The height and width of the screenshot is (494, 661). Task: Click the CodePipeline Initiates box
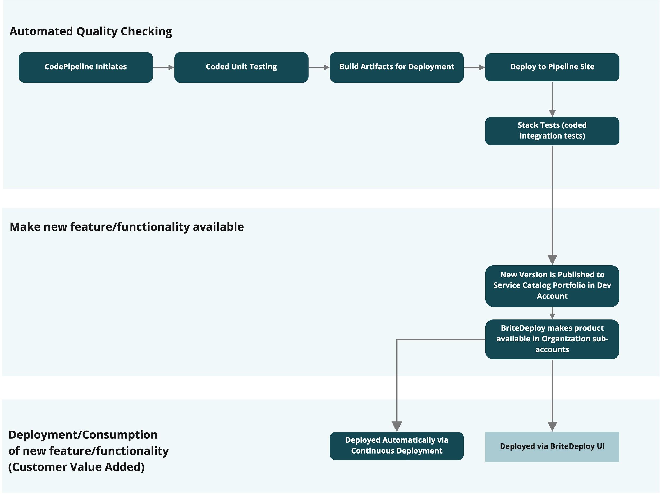[x=85, y=67]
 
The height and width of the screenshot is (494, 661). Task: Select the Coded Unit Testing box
[x=241, y=67]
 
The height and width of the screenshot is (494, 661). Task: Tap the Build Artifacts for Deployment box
[x=397, y=67]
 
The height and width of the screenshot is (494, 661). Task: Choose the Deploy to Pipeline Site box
[x=552, y=67]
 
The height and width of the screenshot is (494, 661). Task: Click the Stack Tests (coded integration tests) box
[x=552, y=131]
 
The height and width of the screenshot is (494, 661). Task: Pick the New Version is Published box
[x=552, y=286]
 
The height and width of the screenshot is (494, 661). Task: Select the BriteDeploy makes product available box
[x=552, y=339]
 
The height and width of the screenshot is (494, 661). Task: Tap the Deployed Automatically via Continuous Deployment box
[x=397, y=446]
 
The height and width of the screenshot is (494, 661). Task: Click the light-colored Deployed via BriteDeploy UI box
[x=552, y=446]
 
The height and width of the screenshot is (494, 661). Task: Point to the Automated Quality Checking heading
[x=91, y=31]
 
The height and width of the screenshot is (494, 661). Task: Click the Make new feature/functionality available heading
[x=127, y=227]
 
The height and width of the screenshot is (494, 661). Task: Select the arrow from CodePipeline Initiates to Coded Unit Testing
[x=163, y=67]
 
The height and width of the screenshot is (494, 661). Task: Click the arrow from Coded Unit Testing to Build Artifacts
[x=319, y=67]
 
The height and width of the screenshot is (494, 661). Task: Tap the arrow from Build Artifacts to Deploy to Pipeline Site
[x=475, y=67]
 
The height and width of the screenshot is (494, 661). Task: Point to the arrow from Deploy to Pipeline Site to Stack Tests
[x=552, y=99]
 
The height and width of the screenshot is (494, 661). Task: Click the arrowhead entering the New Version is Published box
[x=552, y=260]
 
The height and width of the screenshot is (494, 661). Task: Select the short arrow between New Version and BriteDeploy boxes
[x=552, y=313]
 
